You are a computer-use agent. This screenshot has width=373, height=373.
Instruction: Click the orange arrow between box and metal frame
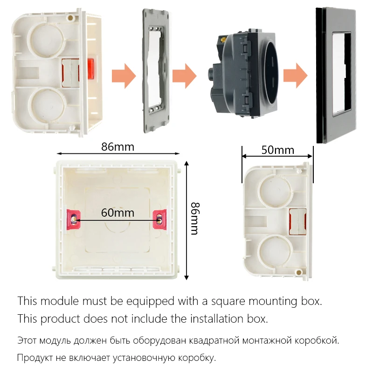[123, 74]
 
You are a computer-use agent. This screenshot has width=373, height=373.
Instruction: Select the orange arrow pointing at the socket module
[184, 74]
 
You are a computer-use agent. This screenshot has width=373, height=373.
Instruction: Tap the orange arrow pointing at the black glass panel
[295, 74]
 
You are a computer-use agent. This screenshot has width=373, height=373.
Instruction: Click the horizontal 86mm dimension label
[117, 147]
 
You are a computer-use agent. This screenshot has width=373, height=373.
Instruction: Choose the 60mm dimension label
[117, 213]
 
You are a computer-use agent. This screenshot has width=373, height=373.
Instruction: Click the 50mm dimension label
[277, 150]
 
